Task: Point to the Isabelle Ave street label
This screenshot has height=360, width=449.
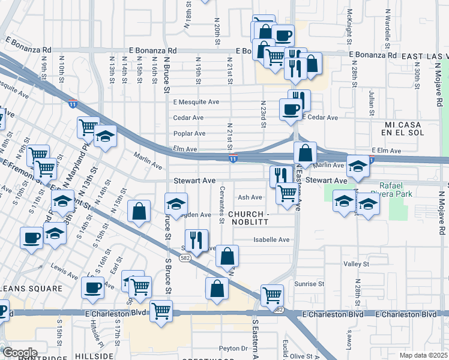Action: click(x=271, y=239)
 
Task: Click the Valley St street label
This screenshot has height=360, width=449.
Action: click(x=356, y=263)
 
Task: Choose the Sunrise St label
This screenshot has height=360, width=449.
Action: click(x=309, y=283)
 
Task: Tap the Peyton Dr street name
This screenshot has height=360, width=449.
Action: click(x=233, y=348)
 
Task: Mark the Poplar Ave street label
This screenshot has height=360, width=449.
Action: click(x=189, y=133)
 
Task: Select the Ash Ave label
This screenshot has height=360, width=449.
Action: click(x=250, y=197)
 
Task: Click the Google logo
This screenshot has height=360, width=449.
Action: click(x=20, y=353)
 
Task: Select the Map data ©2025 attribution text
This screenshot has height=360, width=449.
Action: click(x=424, y=355)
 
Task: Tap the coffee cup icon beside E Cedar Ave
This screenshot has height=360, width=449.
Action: click(x=291, y=109)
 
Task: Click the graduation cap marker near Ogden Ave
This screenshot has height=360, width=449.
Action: click(x=176, y=204)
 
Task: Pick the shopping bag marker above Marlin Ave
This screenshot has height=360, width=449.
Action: click(x=305, y=152)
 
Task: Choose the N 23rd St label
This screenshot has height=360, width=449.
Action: click(x=263, y=114)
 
